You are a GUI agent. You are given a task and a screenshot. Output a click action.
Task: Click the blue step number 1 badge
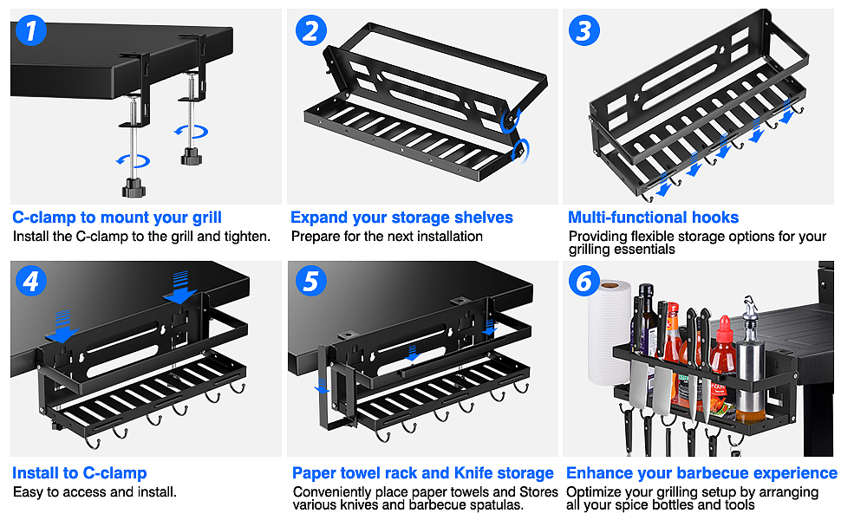tap(31, 30)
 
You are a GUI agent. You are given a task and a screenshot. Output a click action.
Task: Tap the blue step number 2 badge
tap(311, 30)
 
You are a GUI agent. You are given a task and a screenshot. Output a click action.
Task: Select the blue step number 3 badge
tap(584, 30)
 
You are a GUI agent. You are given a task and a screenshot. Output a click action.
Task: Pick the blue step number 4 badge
tap(31, 281)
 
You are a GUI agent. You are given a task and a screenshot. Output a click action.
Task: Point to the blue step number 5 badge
tap(311, 281)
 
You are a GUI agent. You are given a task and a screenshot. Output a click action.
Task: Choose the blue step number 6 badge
tap(584, 281)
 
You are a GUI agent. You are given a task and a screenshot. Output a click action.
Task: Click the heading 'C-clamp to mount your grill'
tap(117, 218)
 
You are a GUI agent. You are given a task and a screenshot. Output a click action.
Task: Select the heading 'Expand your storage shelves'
tap(401, 218)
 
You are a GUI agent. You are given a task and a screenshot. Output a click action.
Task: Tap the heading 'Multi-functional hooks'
tap(653, 218)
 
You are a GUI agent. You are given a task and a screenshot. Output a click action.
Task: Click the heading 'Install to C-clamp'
tap(80, 473)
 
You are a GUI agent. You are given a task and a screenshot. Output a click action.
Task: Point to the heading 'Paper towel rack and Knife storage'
tap(422, 473)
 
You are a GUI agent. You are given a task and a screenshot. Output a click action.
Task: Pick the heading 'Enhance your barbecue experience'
tap(701, 473)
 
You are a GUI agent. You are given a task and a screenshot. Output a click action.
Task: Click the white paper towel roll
tap(609, 333)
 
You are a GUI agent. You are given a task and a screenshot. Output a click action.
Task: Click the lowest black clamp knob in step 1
tap(134, 187)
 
